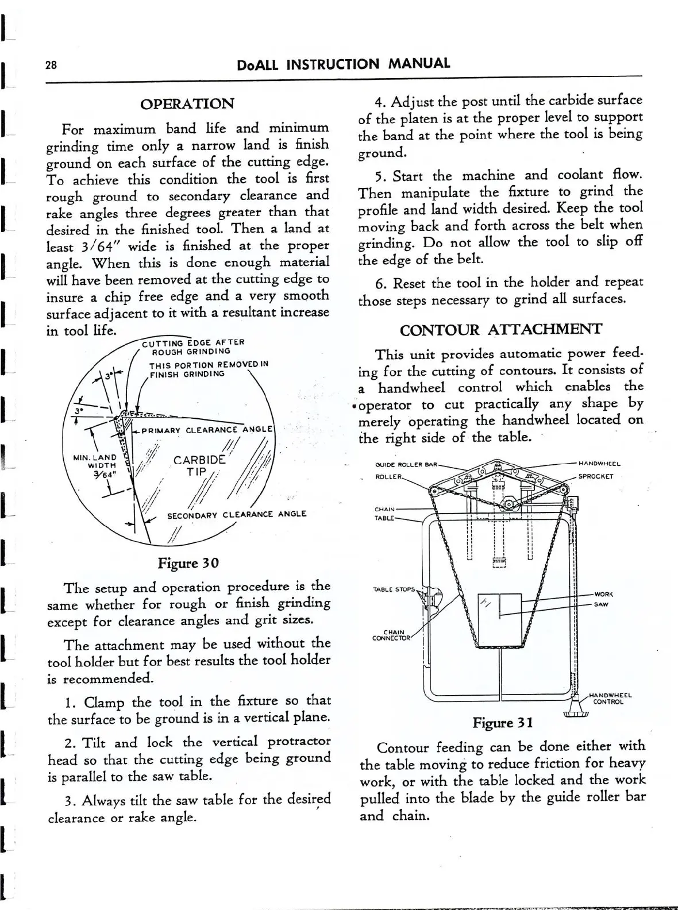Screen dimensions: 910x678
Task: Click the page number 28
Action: point(51,65)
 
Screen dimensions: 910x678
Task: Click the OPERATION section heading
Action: point(187,104)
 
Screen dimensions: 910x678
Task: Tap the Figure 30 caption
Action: point(188,562)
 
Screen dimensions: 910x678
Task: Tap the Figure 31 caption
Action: point(503,722)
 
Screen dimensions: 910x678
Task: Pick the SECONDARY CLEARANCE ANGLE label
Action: point(237,515)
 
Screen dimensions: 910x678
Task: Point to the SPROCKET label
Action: point(596,476)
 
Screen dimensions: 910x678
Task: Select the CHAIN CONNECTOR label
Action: point(391,635)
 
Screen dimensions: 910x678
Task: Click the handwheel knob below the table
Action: point(576,712)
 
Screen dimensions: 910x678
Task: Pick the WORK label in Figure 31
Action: point(604,594)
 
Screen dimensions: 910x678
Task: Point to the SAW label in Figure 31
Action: point(602,604)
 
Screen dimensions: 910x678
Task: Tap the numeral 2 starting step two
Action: point(69,743)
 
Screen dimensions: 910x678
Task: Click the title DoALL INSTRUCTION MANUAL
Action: point(343,64)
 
